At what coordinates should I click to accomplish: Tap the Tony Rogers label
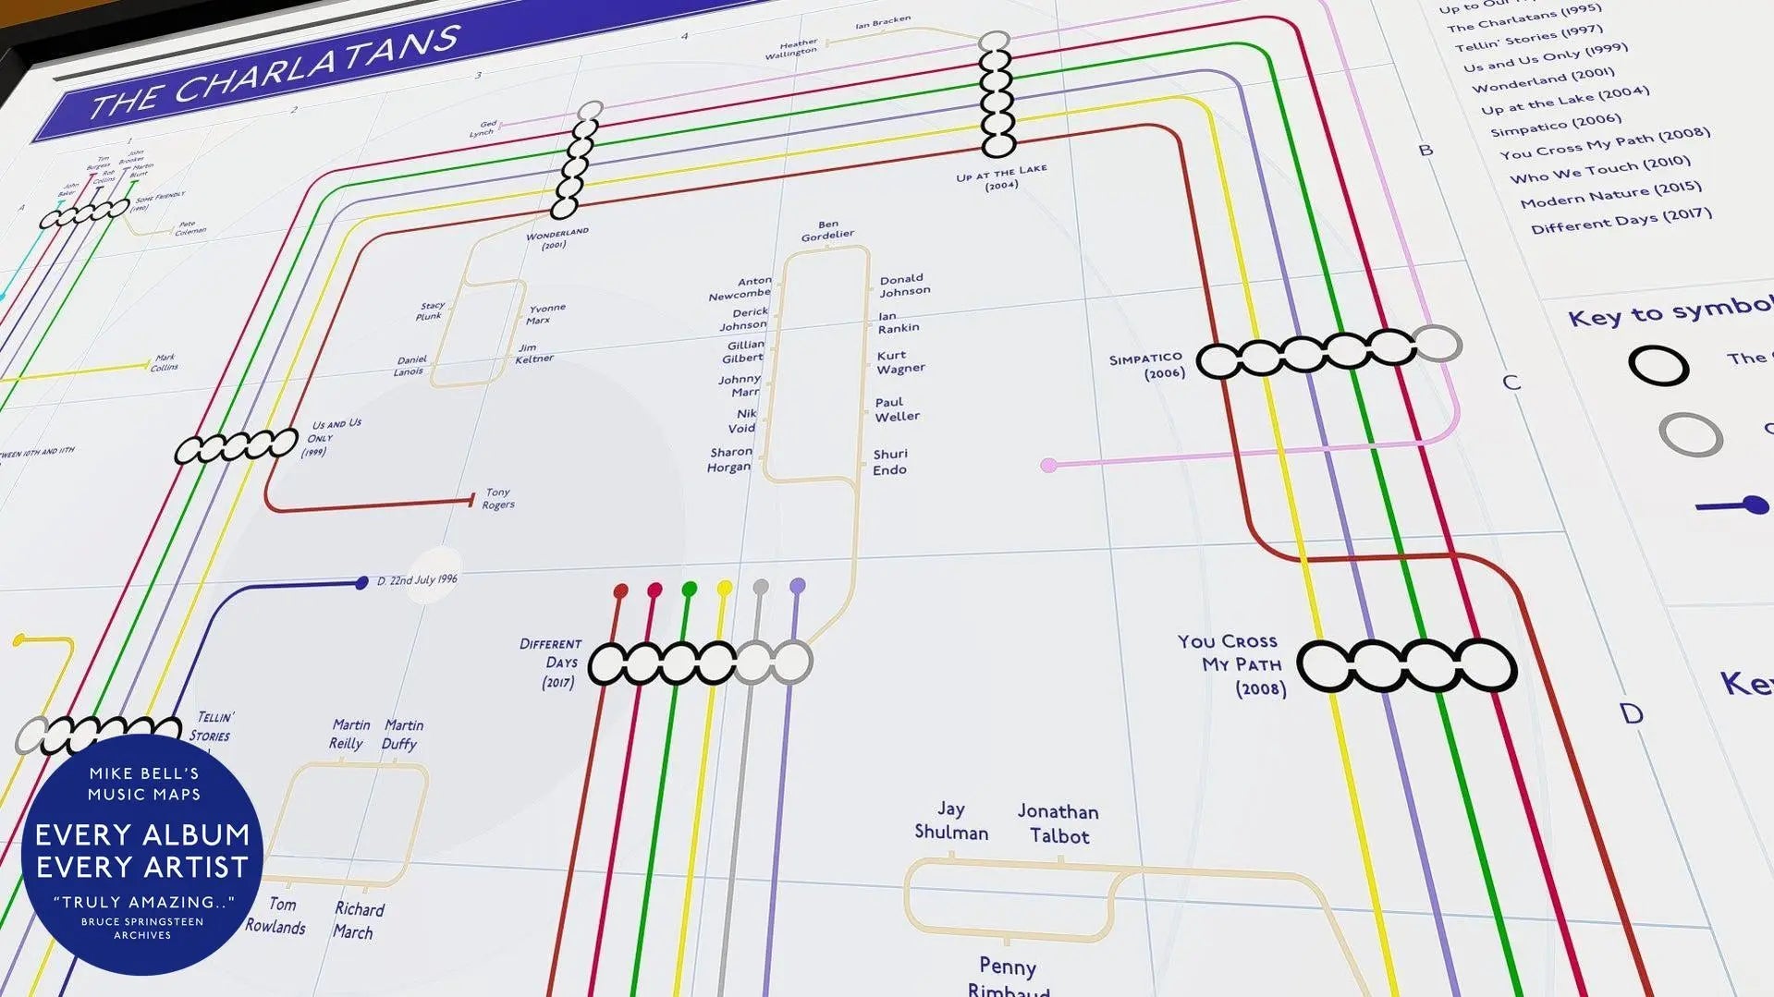(498, 499)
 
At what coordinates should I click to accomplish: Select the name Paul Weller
(897, 409)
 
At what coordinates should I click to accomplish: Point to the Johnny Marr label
(740, 385)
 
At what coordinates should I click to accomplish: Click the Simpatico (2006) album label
(1147, 366)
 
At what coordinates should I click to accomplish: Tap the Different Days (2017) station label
(552, 663)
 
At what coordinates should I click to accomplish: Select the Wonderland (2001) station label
(557, 238)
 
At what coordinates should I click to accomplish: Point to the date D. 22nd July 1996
(417, 580)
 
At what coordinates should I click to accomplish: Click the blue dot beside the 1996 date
(361, 583)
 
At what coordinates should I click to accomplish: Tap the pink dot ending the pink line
(1048, 466)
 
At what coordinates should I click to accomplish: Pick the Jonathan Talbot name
(1058, 823)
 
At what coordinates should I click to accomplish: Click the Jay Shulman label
(951, 821)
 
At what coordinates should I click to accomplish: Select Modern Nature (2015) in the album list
(1610, 195)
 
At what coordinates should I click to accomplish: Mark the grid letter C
(1511, 383)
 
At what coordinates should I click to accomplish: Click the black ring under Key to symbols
(1658, 366)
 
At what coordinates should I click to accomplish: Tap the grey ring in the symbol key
(1690, 434)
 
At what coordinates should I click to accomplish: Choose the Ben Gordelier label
(827, 230)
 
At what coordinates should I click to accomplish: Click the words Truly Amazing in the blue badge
(143, 902)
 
